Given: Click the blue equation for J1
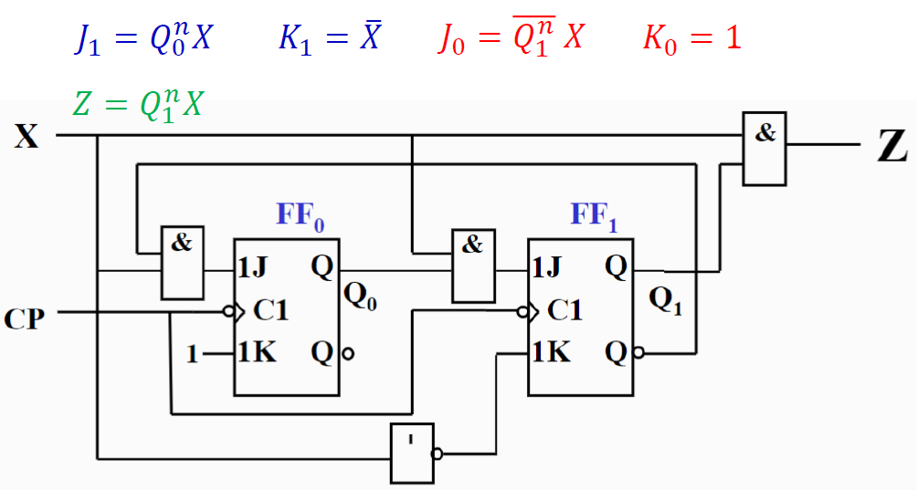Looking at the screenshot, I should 143,38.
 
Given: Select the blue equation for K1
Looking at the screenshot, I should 330,38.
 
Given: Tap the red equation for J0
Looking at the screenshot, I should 511,37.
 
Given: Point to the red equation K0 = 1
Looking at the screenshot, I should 691,38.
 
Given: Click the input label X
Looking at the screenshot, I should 26,137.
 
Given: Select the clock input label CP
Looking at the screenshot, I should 25,318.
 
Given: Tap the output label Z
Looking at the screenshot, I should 891,148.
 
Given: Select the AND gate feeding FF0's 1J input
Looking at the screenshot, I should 183,263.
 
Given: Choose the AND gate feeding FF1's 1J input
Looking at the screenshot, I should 472,265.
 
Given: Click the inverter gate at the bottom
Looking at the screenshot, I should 412,453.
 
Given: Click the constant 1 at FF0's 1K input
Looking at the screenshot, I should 192,353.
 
